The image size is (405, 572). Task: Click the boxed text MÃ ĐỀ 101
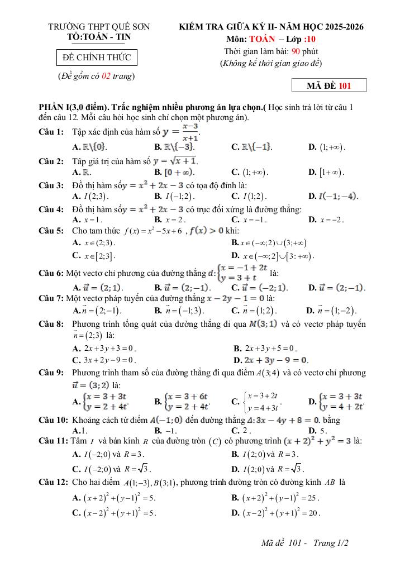329,85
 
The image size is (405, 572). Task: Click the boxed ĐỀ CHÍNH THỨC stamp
97,58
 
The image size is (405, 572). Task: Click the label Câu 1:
51,132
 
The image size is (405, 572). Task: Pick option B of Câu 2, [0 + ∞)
174,173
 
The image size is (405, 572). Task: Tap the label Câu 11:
53,441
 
